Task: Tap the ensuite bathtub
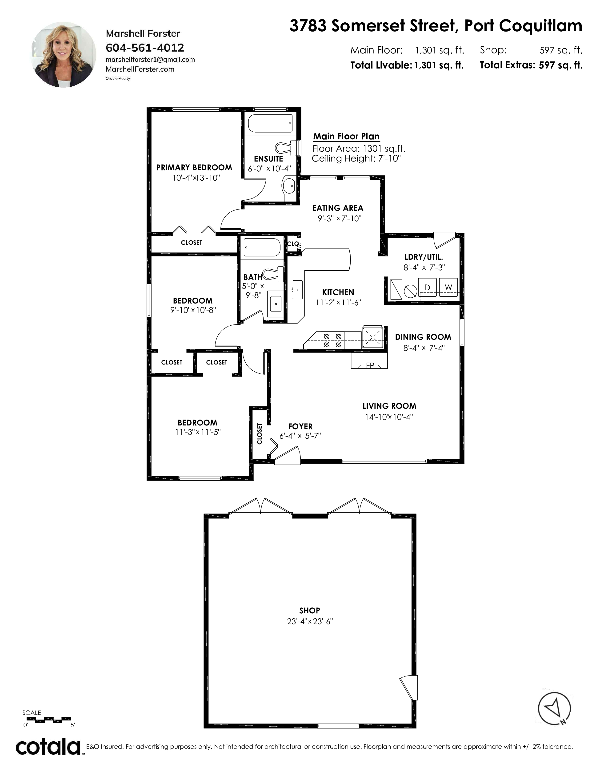270,123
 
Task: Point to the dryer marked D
427,287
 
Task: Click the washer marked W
448,287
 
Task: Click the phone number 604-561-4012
145,48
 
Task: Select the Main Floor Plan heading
346,136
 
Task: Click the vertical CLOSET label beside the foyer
260,434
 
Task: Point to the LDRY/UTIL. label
424,257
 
